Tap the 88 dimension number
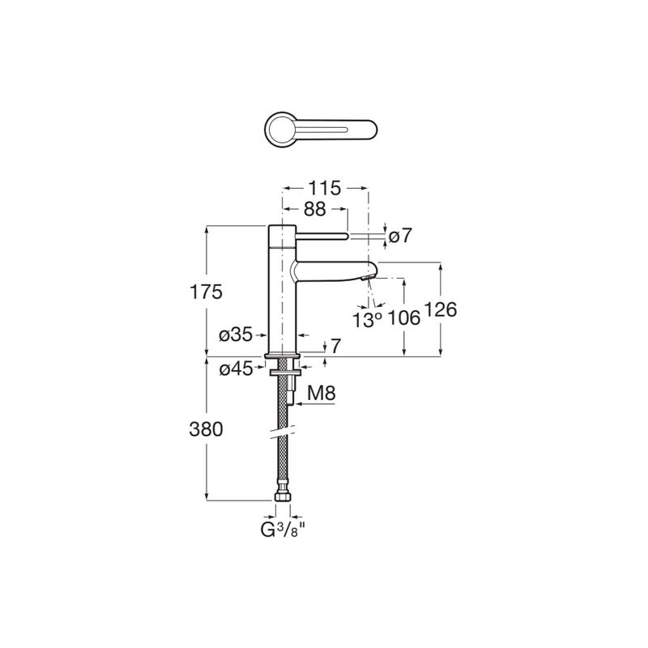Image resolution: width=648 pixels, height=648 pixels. tap(315, 210)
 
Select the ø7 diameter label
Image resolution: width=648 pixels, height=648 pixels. tap(400, 236)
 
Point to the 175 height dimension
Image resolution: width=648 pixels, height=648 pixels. tap(206, 292)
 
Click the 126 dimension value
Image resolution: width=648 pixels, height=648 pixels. tap(441, 310)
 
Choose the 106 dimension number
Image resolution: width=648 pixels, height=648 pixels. tap(403, 318)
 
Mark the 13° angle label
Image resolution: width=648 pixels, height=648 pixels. tap(367, 319)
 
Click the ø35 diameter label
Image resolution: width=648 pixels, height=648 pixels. tap(236, 335)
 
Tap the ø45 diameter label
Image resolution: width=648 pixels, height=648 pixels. tap(236, 369)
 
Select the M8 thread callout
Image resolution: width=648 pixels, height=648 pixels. tap(322, 393)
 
